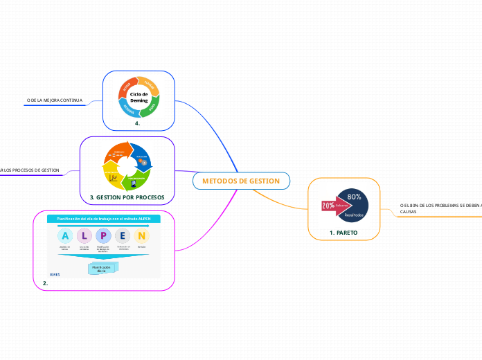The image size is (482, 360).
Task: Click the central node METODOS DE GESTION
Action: pos(241,181)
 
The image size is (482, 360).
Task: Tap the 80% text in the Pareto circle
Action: pos(354,197)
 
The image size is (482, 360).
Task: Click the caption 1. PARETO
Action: pos(343,233)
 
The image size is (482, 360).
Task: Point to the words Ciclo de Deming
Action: pos(139,98)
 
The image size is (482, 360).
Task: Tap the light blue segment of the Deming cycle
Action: pos(129,109)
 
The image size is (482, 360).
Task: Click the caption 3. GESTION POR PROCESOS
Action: pos(127,197)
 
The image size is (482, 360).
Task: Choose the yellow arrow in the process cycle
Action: pos(114,179)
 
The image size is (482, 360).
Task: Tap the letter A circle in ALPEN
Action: pos(65,235)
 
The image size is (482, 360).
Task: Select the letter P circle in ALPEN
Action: pos(104,235)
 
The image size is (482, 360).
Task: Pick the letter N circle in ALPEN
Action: pos(142,235)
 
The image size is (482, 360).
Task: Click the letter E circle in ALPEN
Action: pos(123,235)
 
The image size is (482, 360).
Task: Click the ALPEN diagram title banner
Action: pos(104,219)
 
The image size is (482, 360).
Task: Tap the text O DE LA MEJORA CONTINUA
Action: pos(54,101)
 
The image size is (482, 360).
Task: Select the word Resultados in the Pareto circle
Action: pos(354,215)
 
